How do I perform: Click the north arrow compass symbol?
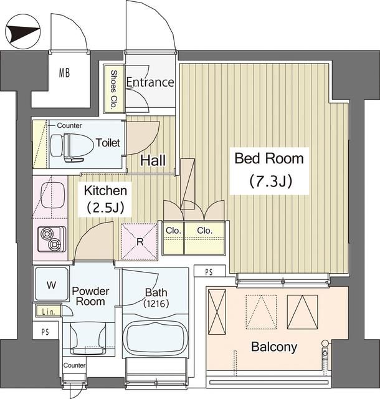[x=22, y=32]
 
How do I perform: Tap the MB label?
[x=64, y=73]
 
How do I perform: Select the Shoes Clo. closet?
[x=114, y=89]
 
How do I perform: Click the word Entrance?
[x=150, y=82]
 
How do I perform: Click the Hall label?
[x=153, y=160]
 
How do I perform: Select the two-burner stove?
[x=52, y=239]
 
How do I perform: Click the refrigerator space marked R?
[x=140, y=241]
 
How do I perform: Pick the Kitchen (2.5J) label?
[x=105, y=199]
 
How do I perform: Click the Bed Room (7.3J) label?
[x=269, y=170]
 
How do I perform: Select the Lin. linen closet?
[x=49, y=312]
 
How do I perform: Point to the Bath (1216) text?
[x=156, y=298]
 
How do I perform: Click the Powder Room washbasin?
[x=88, y=338]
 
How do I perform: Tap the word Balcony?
[x=274, y=347]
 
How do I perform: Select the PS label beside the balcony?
[x=209, y=272]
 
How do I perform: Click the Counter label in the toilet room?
[x=69, y=125]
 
